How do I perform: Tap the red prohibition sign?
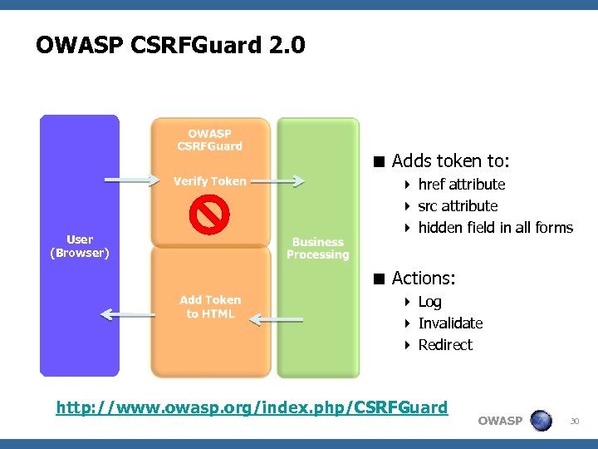pos(208,215)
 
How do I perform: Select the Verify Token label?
pos(209,181)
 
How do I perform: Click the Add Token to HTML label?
pos(210,307)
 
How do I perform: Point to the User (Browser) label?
pos(80,246)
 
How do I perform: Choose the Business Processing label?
pos(318,249)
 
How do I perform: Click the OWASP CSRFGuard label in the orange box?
pos(209,140)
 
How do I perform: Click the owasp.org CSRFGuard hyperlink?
pos(251,407)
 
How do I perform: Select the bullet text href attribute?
pos(461,185)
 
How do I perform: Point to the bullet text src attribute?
pos(458,206)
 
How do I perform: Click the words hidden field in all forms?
pos(495,228)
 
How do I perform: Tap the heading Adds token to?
pos(450,160)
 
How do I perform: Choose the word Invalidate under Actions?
pos(450,323)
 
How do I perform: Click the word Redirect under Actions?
pos(445,345)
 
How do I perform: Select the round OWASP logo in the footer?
pos(541,420)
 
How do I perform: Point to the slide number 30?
pos(574,422)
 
